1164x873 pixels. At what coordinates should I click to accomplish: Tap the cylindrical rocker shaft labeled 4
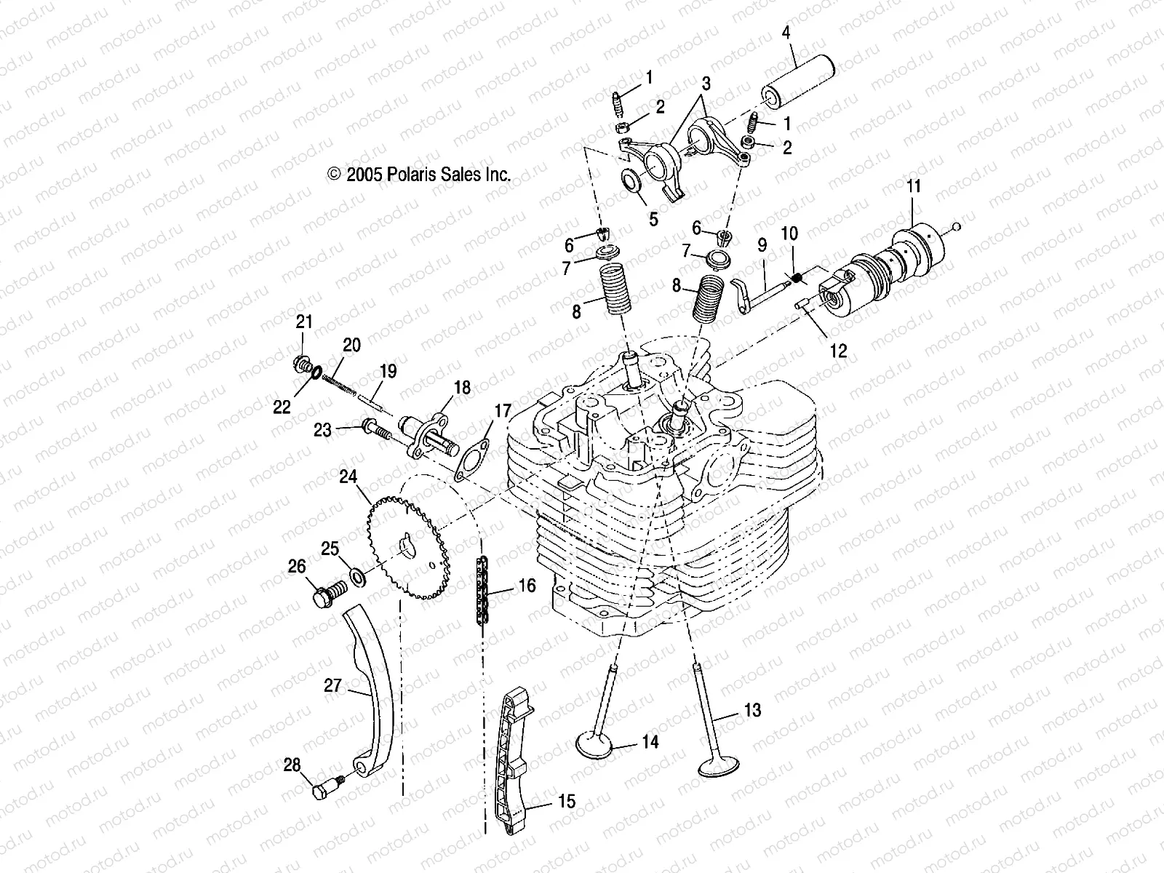pos(797,86)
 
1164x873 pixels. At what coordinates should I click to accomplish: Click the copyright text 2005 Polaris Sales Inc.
pos(429,175)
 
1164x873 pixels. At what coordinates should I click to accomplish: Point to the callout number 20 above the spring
pos(351,344)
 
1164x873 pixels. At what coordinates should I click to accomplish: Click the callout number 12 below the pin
pos(838,351)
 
